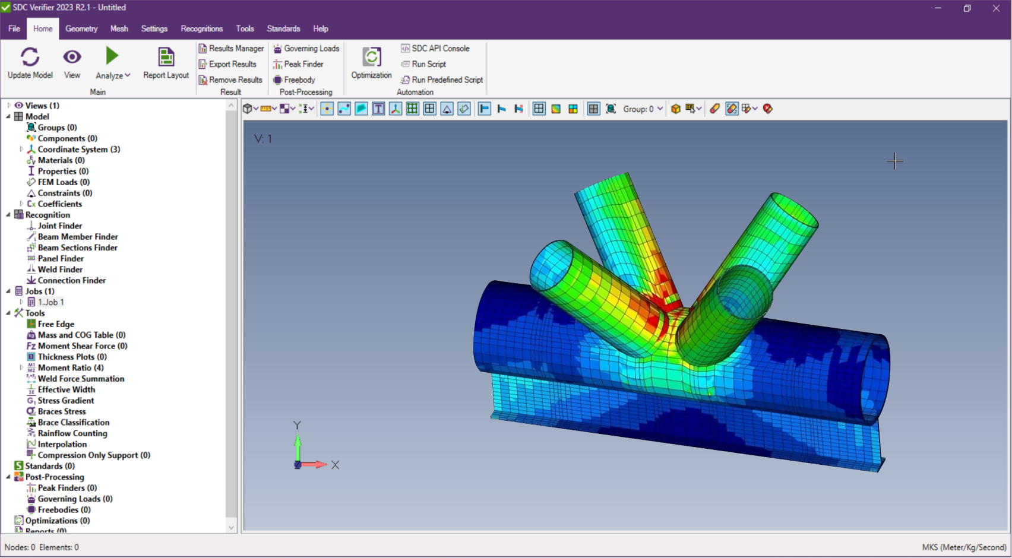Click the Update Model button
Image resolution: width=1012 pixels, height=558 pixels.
point(30,62)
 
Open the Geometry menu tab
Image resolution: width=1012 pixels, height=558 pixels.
point(81,28)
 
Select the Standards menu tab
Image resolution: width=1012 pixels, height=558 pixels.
point(283,28)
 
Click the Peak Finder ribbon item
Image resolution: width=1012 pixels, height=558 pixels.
point(303,64)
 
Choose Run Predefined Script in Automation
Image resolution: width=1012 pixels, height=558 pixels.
point(447,80)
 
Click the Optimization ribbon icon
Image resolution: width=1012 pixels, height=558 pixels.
point(371,62)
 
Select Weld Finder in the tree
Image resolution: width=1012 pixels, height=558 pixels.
point(60,270)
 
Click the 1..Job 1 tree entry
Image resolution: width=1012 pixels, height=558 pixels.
point(50,302)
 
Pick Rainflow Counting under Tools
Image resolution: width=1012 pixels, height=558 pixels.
point(72,433)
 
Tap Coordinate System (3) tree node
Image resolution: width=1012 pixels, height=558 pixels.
point(78,150)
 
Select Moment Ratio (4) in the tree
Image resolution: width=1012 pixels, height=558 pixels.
point(70,368)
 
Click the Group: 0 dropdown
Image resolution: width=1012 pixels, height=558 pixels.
point(643,109)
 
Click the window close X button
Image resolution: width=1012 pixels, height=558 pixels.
point(996,8)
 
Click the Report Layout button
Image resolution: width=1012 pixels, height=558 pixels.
point(166,62)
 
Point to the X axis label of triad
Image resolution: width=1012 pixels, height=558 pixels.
point(336,465)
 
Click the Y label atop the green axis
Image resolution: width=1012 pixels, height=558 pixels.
point(297,425)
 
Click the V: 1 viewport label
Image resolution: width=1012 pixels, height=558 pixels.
point(263,139)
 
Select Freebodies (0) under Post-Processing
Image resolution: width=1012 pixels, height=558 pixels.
point(64,510)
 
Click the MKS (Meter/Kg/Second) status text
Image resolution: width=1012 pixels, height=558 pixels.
point(964,547)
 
